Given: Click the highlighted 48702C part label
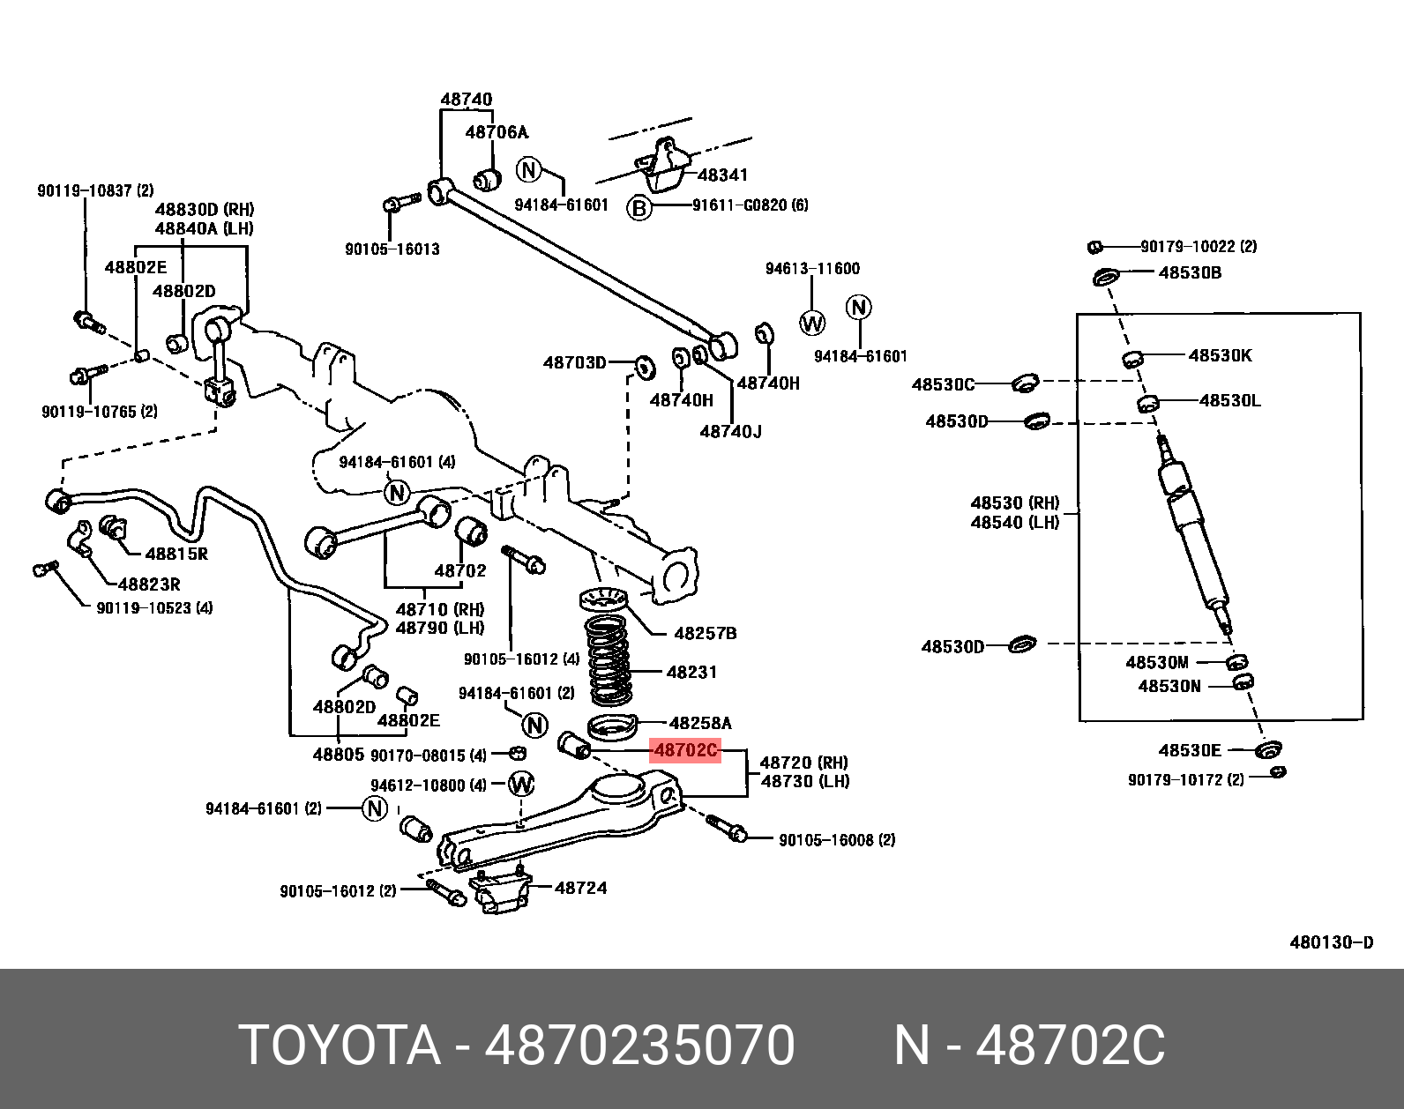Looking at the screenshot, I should [685, 751].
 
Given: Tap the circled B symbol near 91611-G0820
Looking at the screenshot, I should [639, 208].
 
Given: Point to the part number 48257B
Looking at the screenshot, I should [705, 633].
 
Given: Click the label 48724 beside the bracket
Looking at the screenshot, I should [580, 888].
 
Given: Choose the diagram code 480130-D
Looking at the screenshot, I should [1331, 942].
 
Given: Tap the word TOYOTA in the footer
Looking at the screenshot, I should [340, 1046].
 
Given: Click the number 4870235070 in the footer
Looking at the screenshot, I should [640, 1046].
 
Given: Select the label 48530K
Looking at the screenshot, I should [1220, 355].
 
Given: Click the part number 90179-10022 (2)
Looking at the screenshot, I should [1198, 247].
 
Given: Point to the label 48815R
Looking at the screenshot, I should [175, 554].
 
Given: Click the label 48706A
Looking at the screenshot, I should [496, 132].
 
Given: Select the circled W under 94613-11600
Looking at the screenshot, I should [812, 323].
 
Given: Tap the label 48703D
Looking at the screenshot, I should [575, 362].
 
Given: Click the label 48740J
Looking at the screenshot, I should [730, 431].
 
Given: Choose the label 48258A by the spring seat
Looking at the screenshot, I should [700, 723].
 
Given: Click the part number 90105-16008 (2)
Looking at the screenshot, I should [836, 840].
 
